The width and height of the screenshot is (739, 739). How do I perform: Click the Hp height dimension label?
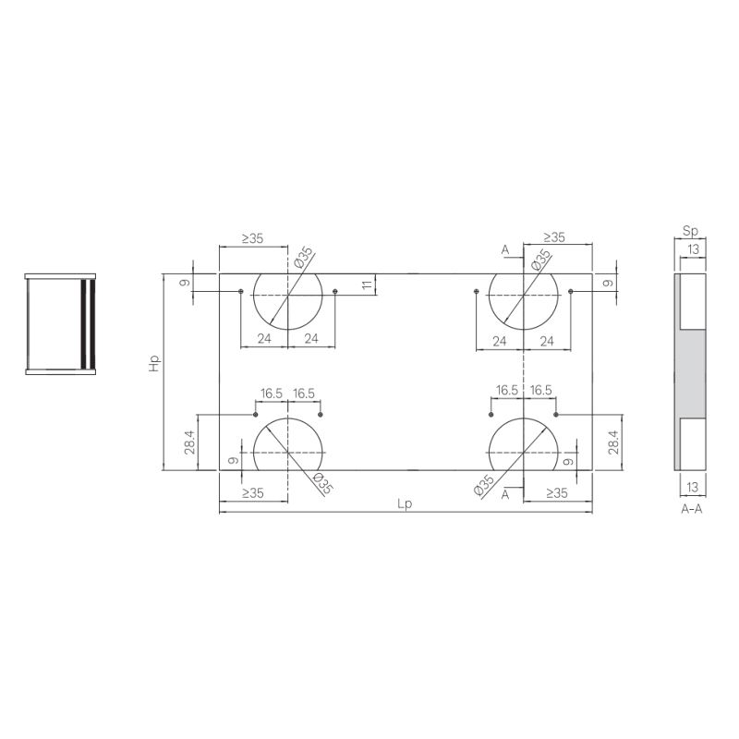point(154,363)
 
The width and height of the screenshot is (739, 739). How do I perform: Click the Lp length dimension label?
point(405,503)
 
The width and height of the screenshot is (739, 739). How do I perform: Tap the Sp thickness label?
point(690,231)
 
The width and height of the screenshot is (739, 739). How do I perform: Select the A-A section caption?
point(691,509)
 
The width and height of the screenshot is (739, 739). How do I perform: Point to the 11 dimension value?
point(368,285)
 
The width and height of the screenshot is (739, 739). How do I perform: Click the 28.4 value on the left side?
point(190,442)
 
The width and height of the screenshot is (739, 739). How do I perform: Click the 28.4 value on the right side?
point(612,442)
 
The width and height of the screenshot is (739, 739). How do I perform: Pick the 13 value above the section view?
point(694,248)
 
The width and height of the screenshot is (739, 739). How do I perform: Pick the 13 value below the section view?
point(692,487)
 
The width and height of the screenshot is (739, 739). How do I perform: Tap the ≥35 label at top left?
point(252,238)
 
